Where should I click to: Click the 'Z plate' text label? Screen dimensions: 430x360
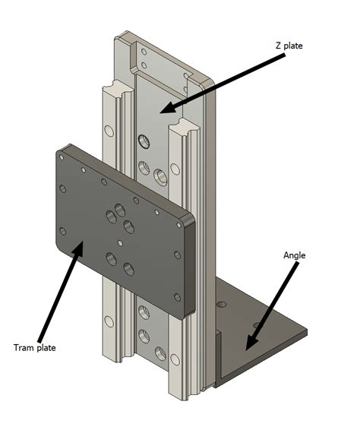[x=289, y=46]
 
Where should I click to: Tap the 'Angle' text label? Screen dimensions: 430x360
[x=293, y=255]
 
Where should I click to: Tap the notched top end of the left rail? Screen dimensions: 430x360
[x=111, y=85]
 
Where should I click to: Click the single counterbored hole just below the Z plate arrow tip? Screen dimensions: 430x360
[x=144, y=141]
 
